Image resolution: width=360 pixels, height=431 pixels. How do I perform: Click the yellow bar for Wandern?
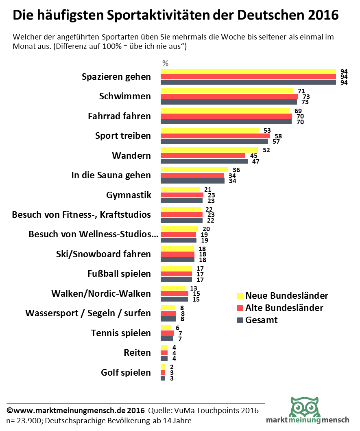[209, 150]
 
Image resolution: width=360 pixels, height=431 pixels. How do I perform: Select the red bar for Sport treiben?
[215, 136]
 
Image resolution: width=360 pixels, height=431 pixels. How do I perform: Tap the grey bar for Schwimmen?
[229, 102]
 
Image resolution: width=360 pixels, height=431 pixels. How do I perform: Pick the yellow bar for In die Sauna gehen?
[194, 170]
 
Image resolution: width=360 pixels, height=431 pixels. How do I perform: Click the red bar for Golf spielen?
[163, 373]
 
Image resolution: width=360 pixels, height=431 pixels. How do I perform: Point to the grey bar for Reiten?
[164, 359]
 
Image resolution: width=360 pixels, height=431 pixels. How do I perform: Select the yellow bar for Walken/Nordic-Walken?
[173, 288]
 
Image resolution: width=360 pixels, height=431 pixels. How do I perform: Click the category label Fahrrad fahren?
[119, 116]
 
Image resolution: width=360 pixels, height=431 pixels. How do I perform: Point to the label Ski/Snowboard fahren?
[103, 254]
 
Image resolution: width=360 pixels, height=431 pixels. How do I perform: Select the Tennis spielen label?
[121, 333]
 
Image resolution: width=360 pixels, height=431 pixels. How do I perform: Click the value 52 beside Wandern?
[266, 150]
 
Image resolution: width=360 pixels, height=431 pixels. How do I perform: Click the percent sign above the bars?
[165, 63]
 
